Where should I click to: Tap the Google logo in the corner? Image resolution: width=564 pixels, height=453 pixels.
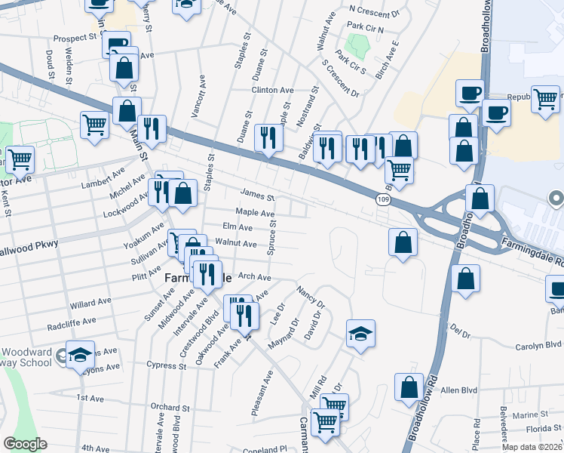pyautogui.click(x=25, y=444)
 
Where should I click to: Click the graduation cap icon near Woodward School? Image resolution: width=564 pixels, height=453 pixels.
pyautogui.click(x=78, y=355)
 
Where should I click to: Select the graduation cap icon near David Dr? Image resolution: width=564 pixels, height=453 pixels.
pyautogui.click(x=361, y=333)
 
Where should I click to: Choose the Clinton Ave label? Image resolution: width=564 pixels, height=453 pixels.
pyautogui.click(x=272, y=90)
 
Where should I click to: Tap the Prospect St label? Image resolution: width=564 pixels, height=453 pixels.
pyautogui.click(x=76, y=36)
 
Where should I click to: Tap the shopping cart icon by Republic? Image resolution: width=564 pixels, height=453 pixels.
pyautogui.click(x=545, y=98)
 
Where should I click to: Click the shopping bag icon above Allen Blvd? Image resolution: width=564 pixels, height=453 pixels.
pyautogui.click(x=409, y=387)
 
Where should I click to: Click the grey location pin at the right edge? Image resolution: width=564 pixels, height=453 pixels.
pyautogui.click(x=557, y=200)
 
